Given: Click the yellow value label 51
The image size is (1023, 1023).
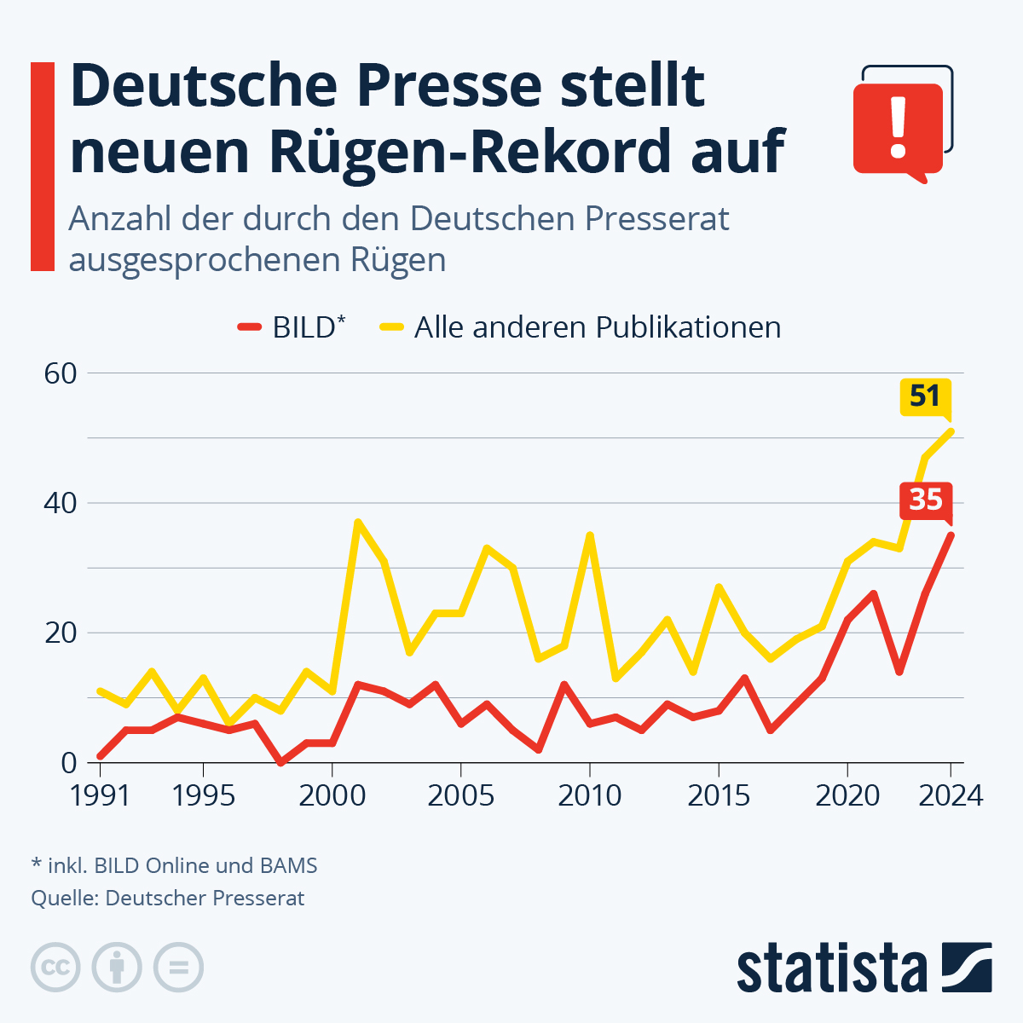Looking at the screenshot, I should [925, 396].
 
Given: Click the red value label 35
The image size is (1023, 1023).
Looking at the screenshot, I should [925, 499].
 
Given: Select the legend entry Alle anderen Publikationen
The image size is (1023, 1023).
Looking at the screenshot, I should [580, 327].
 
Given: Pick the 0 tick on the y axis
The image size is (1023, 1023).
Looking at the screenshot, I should [68, 763].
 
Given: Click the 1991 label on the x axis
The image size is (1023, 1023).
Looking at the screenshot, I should [100, 795].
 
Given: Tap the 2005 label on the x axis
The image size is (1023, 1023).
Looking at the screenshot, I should [460, 795].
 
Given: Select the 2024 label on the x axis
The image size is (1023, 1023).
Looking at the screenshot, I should [951, 795].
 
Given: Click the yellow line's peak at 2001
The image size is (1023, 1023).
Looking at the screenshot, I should [358, 522].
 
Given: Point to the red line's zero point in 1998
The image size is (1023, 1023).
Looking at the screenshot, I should [280, 762].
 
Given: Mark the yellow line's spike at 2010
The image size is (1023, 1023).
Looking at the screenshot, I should [590, 535].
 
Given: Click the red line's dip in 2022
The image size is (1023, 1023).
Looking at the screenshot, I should [899, 673].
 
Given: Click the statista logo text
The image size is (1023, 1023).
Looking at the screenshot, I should [831, 968].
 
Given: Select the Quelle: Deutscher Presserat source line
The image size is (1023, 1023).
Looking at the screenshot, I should [167, 898].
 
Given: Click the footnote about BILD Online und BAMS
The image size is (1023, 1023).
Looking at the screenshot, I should [174, 865].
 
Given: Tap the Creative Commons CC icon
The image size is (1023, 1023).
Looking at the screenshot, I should [55, 968].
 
